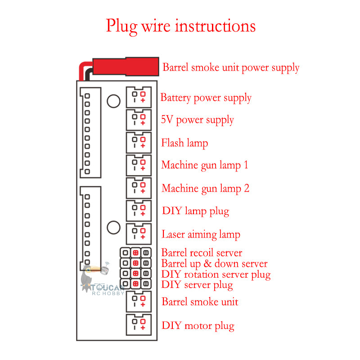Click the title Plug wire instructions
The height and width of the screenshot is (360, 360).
tap(180, 26)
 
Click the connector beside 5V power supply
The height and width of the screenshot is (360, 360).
tap(138, 120)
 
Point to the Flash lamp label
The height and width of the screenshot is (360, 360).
tap(184, 143)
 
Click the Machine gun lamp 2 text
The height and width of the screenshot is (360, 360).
tap(205, 188)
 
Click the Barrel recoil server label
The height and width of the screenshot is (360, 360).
tap(202, 253)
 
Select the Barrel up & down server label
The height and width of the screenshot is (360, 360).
tap(214, 264)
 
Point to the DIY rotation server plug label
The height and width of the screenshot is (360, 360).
tap(216, 274)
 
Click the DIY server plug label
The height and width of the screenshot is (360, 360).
tap(197, 285)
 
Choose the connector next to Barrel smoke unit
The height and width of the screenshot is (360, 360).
tap(138, 301)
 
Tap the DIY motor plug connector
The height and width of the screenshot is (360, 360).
tap(138, 325)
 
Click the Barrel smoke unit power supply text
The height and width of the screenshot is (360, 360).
tap(231, 68)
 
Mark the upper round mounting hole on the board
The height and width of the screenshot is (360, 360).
tap(113, 101)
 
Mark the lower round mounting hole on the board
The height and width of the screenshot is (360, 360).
tap(113, 227)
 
